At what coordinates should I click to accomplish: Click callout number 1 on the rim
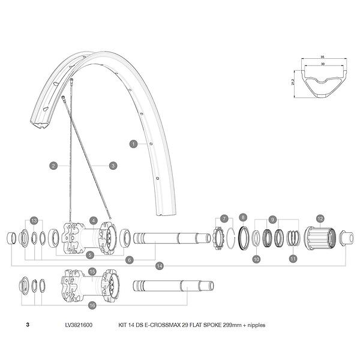coord(134,144)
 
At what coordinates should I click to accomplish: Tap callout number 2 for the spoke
coord(53,166)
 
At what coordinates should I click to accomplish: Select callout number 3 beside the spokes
coord(113,166)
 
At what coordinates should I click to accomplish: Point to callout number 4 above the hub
coord(93,220)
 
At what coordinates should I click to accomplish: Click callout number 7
coord(223,218)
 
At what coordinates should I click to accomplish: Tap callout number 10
coord(256,259)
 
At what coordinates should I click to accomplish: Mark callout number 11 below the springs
coord(293,259)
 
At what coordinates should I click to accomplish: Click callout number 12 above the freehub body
coord(320,219)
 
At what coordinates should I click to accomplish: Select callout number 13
coord(34,220)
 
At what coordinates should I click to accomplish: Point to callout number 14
coord(159,266)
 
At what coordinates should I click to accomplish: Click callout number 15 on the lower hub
coord(92,271)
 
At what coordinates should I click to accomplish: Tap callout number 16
coord(92,305)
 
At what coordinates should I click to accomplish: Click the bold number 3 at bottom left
coord(28,325)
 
